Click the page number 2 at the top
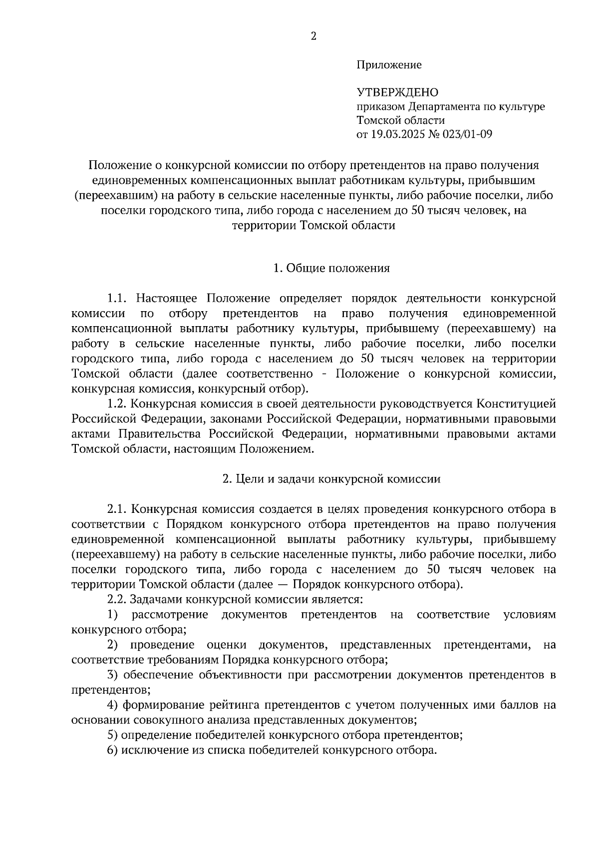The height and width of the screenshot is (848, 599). click(313, 36)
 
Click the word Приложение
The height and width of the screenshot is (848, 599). click(389, 64)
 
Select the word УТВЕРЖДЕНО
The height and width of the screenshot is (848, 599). click(397, 92)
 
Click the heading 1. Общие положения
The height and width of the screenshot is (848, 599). click(331, 268)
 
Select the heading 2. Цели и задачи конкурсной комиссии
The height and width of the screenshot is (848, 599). click(331, 479)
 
